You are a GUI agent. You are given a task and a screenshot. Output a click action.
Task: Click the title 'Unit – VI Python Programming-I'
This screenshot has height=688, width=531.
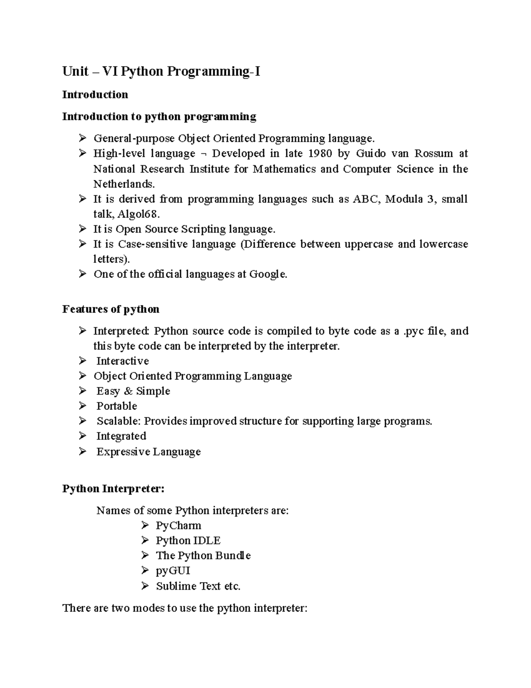(161, 71)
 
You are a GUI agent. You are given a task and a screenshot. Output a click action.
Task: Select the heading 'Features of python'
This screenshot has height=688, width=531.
(111, 309)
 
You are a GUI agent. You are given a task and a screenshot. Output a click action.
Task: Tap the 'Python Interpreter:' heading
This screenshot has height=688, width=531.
(113, 489)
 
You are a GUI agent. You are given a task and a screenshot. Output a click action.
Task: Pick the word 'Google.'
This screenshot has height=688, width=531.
(268, 274)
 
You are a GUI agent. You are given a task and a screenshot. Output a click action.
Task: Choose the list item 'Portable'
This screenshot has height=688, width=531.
(117, 406)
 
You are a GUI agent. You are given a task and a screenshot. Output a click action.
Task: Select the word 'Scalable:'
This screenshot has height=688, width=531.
(119, 421)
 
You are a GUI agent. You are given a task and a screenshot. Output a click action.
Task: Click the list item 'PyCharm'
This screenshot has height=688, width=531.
(178, 526)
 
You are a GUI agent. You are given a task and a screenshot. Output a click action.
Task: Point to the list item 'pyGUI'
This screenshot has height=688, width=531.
(173, 571)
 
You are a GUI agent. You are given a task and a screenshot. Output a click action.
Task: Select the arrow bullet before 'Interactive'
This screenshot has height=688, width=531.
(83, 361)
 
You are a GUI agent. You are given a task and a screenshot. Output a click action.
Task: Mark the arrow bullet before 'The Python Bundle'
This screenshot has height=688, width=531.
(145, 556)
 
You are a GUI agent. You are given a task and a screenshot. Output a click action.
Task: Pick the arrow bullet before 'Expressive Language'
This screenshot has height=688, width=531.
(83, 451)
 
